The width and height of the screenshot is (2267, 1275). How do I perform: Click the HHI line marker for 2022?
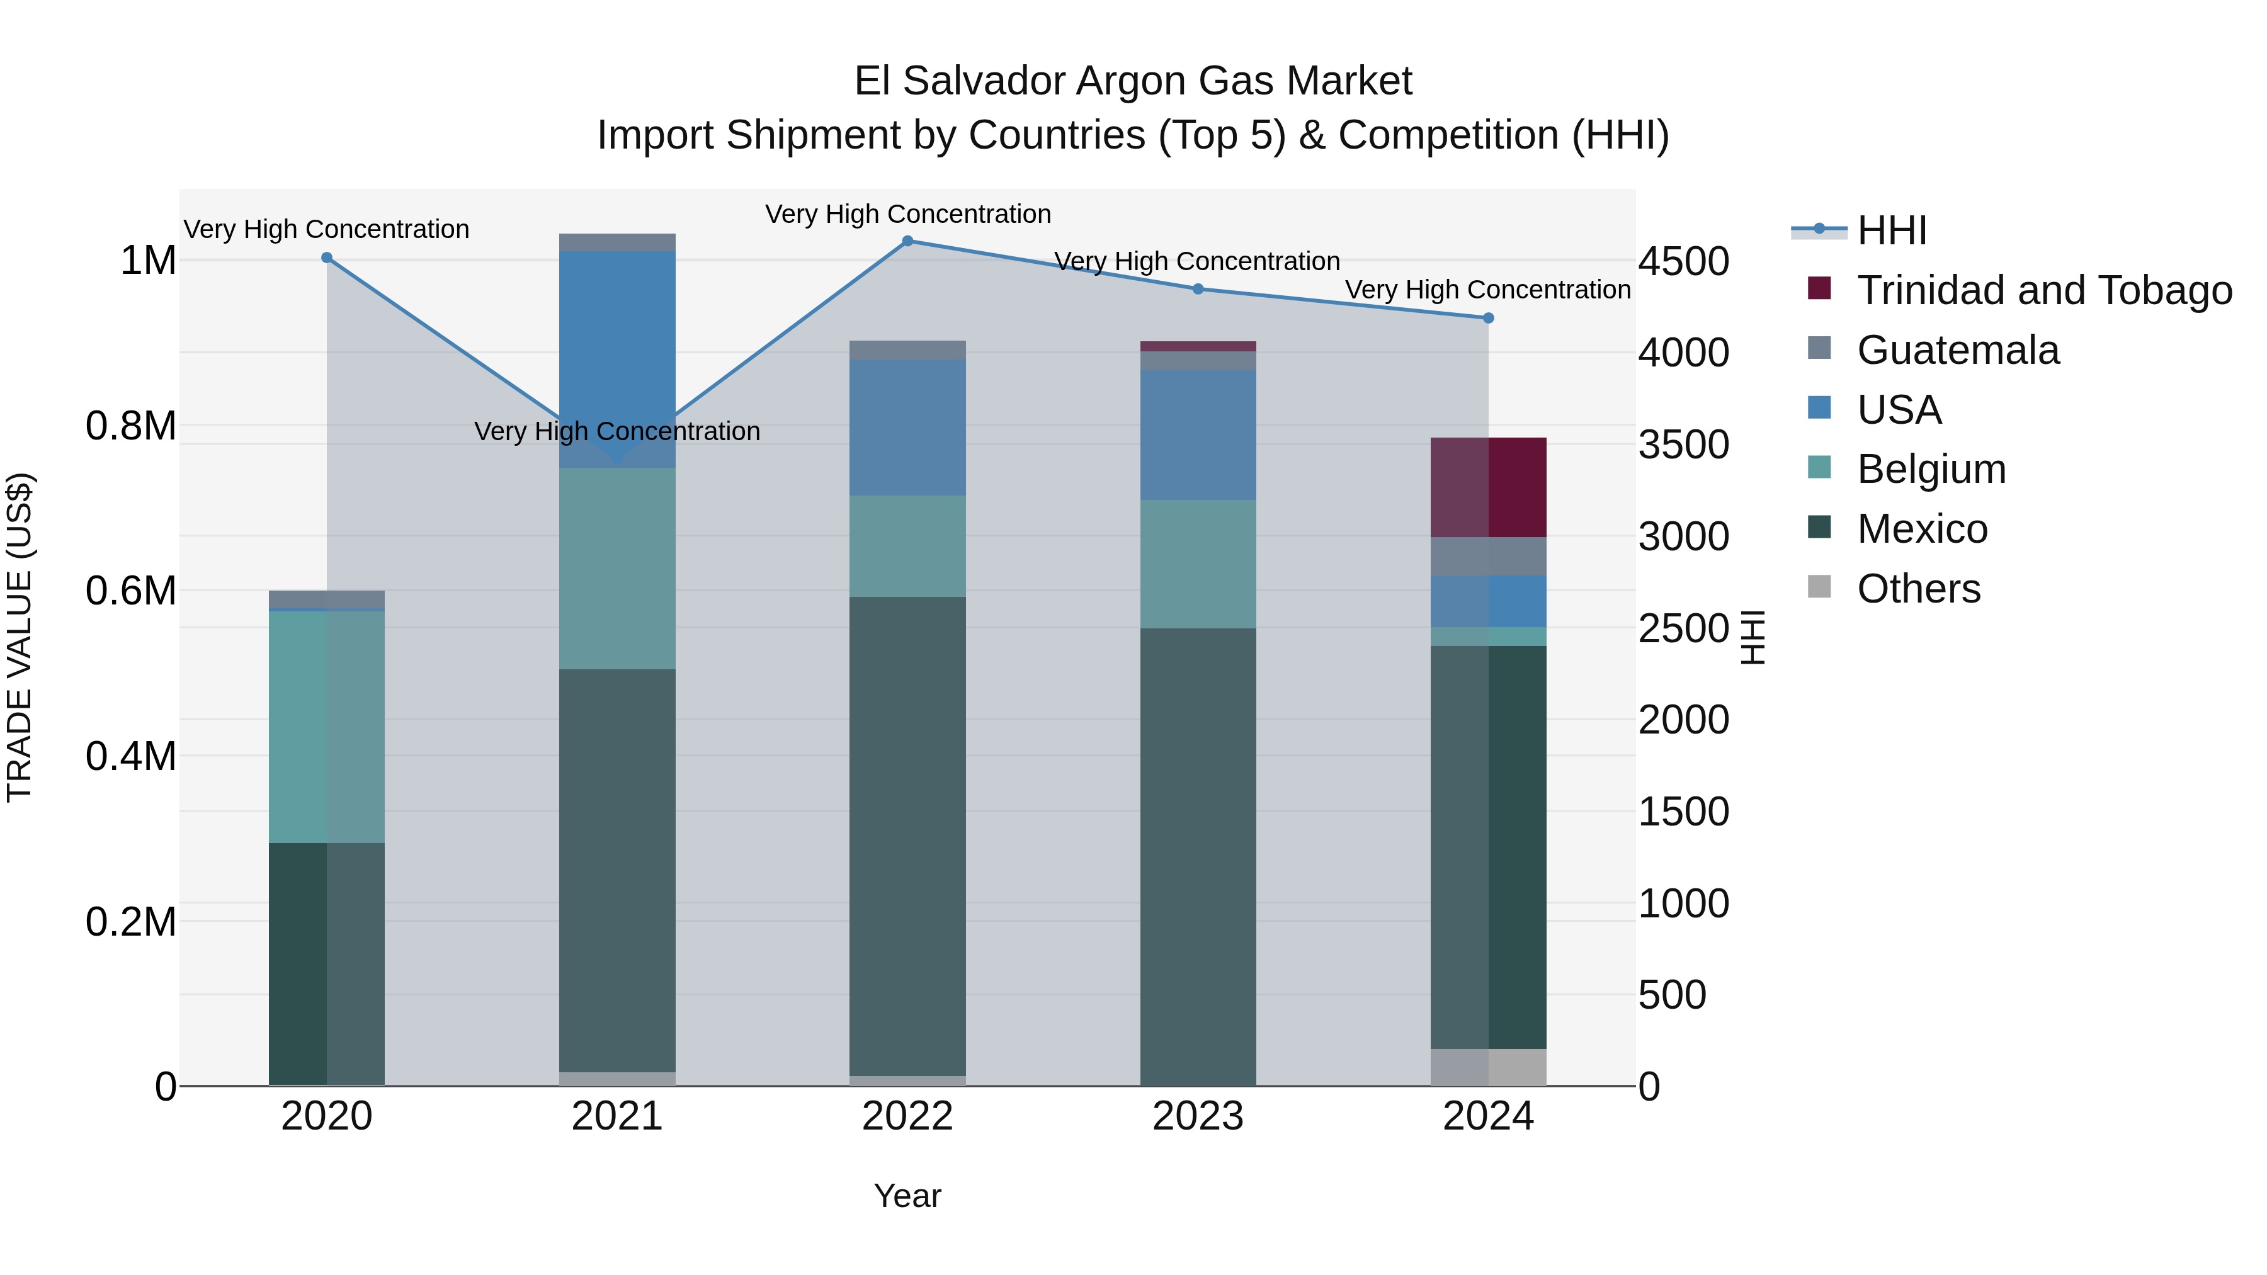[x=907, y=241]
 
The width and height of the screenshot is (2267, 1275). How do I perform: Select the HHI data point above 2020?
[x=326, y=258]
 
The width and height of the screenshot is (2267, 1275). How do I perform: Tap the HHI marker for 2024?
[x=1488, y=318]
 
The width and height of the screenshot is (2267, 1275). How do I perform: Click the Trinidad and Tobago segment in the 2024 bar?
[x=1488, y=487]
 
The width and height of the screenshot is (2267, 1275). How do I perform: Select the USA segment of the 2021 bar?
[x=617, y=352]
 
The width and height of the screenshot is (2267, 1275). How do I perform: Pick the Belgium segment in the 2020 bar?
[x=326, y=726]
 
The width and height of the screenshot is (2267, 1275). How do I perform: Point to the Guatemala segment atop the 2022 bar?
[x=907, y=349]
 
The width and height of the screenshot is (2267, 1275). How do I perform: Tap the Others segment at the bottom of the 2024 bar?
[x=1488, y=1067]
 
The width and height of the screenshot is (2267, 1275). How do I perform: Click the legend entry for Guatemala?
[x=1957, y=350]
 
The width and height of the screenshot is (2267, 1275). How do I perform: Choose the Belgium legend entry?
[x=1931, y=469]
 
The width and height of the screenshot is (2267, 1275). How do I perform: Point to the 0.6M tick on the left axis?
[x=131, y=591]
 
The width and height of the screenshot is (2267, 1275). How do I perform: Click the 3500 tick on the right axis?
[x=1683, y=445]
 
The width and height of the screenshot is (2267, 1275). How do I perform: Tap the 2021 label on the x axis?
[x=617, y=1116]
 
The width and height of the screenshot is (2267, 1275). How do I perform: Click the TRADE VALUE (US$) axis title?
[x=20, y=637]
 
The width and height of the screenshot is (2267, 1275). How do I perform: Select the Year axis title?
[x=907, y=1196]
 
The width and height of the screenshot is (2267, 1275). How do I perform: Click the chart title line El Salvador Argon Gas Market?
[x=1133, y=81]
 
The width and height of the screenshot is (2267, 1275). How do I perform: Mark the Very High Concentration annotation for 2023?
[x=1197, y=261]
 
